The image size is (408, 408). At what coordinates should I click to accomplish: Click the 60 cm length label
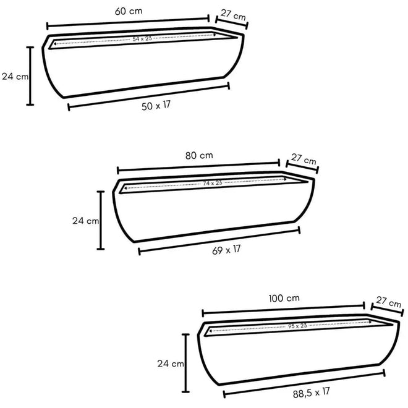click(x=129, y=11)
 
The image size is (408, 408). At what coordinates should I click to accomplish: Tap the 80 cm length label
click(x=199, y=156)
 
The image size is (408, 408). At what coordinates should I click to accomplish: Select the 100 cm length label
click(x=284, y=298)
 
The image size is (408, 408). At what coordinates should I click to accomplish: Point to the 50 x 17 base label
click(x=156, y=106)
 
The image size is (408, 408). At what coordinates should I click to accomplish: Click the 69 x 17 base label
click(x=226, y=250)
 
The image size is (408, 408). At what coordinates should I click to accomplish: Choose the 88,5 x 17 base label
click(x=311, y=393)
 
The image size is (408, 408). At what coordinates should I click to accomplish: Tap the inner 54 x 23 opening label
click(x=142, y=39)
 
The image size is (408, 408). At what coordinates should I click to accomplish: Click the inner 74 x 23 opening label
click(x=213, y=183)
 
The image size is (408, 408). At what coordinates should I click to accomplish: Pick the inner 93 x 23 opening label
click(x=297, y=326)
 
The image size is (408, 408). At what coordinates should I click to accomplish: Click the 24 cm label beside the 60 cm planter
click(x=15, y=77)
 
